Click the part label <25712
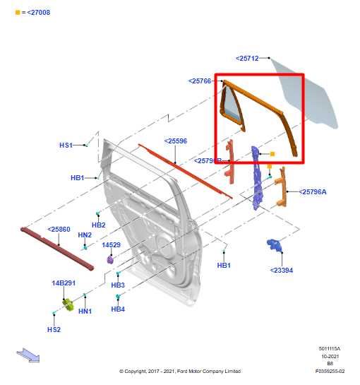coord(248,58)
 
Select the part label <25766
coord(200,81)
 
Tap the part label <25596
coord(176,141)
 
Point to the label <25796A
coord(313,191)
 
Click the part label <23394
coord(282,270)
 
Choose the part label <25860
coord(59,230)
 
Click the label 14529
coord(111,245)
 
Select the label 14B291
coord(63,283)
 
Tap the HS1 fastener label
coord(66,145)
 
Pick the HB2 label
coord(99,225)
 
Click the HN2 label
coord(85,235)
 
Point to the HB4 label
coord(118,309)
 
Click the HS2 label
coord(54,329)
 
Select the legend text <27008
coord(35,13)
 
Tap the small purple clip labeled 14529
coord(111,259)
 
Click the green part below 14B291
coord(69,304)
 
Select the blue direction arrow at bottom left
coord(28,355)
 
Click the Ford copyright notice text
coord(179,371)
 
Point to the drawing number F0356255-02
coord(330,371)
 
